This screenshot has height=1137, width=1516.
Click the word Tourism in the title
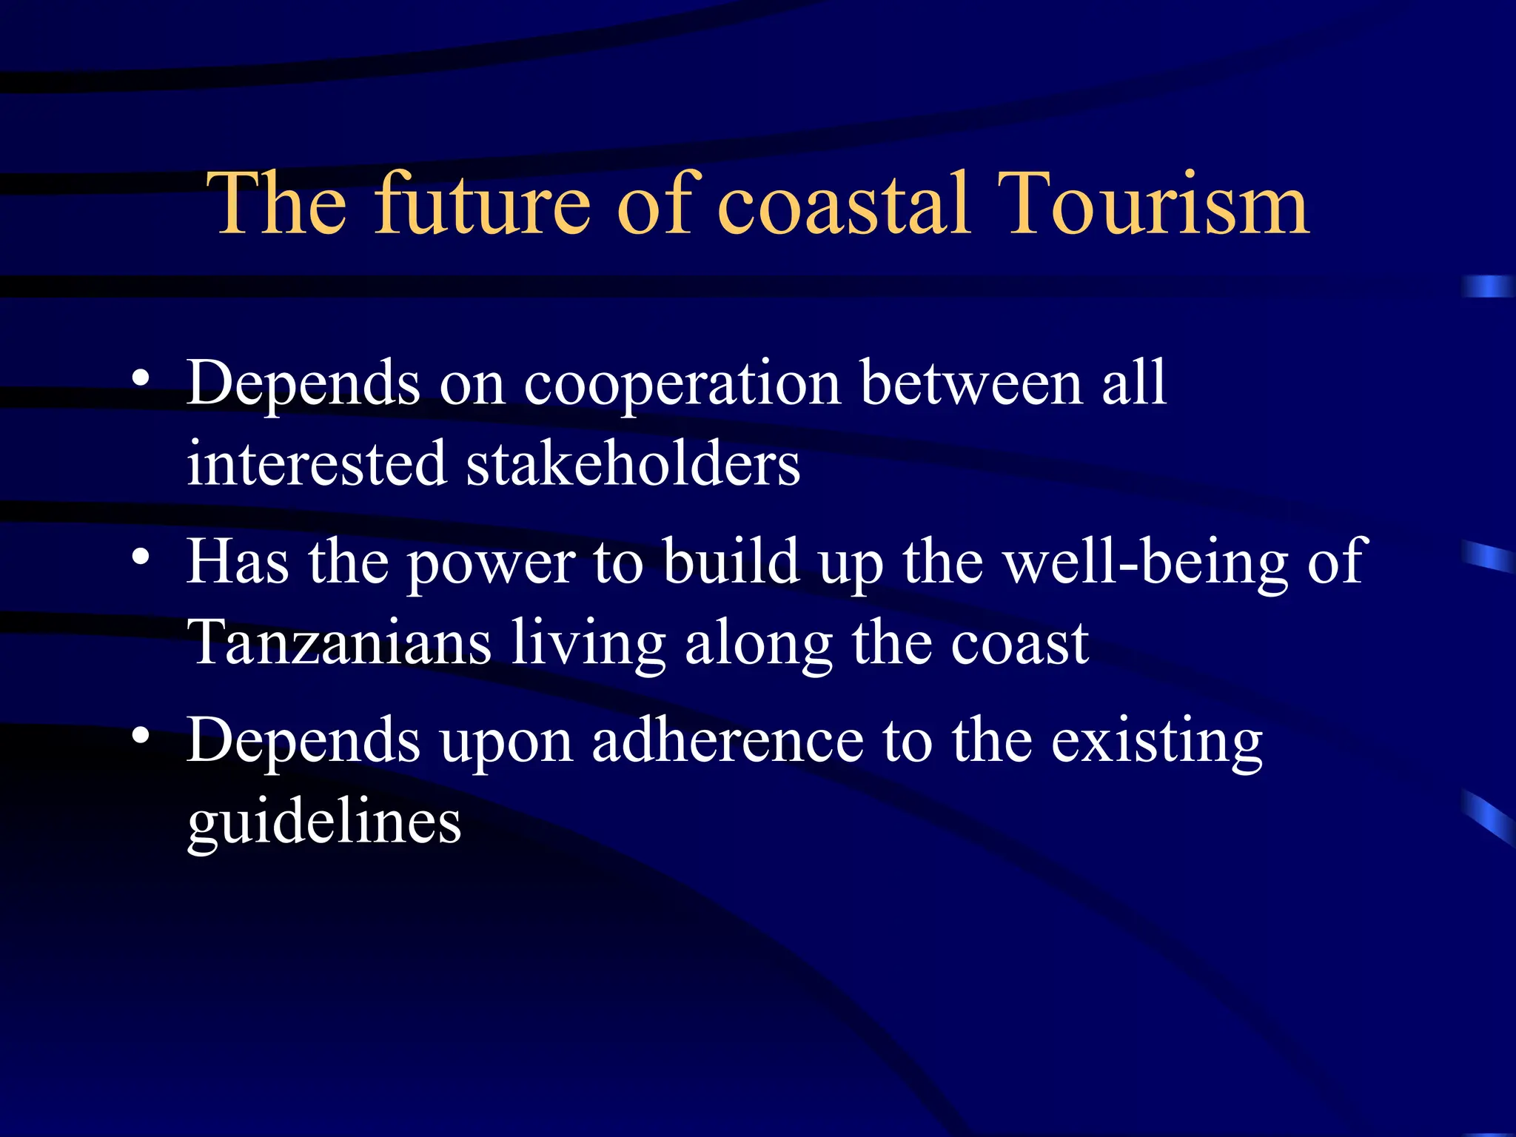[x=1154, y=204]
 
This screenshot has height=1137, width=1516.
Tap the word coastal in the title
[x=843, y=204]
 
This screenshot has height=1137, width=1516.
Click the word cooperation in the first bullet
[x=681, y=385]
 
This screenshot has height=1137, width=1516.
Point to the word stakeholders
[x=633, y=464]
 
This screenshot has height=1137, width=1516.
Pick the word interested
[x=317, y=464]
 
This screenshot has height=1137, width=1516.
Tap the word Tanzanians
[x=339, y=643]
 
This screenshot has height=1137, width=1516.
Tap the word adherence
[x=727, y=741]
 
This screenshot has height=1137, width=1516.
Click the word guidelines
[x=324, y=823]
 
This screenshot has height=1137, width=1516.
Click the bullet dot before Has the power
[x=141, y=557]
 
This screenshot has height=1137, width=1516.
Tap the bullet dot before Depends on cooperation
[x=141, y=378]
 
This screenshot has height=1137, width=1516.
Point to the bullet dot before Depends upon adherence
[x=141, y=735]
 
